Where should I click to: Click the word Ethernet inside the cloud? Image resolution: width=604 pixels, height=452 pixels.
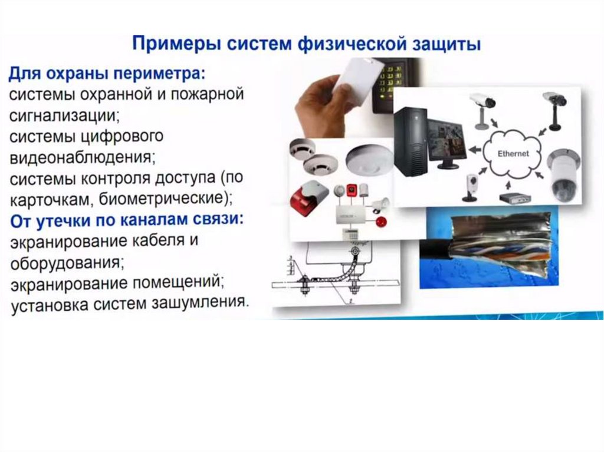click(513, 154)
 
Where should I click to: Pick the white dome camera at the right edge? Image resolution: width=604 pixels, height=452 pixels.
click(563, 175)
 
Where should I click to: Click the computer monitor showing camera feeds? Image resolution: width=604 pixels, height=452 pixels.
click(447, 144)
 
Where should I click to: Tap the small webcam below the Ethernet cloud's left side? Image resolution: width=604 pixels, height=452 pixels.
click(470, 187)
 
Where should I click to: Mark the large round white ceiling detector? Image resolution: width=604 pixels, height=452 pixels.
click(369, 159)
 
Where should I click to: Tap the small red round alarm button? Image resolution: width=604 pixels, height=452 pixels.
click(381, 222)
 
